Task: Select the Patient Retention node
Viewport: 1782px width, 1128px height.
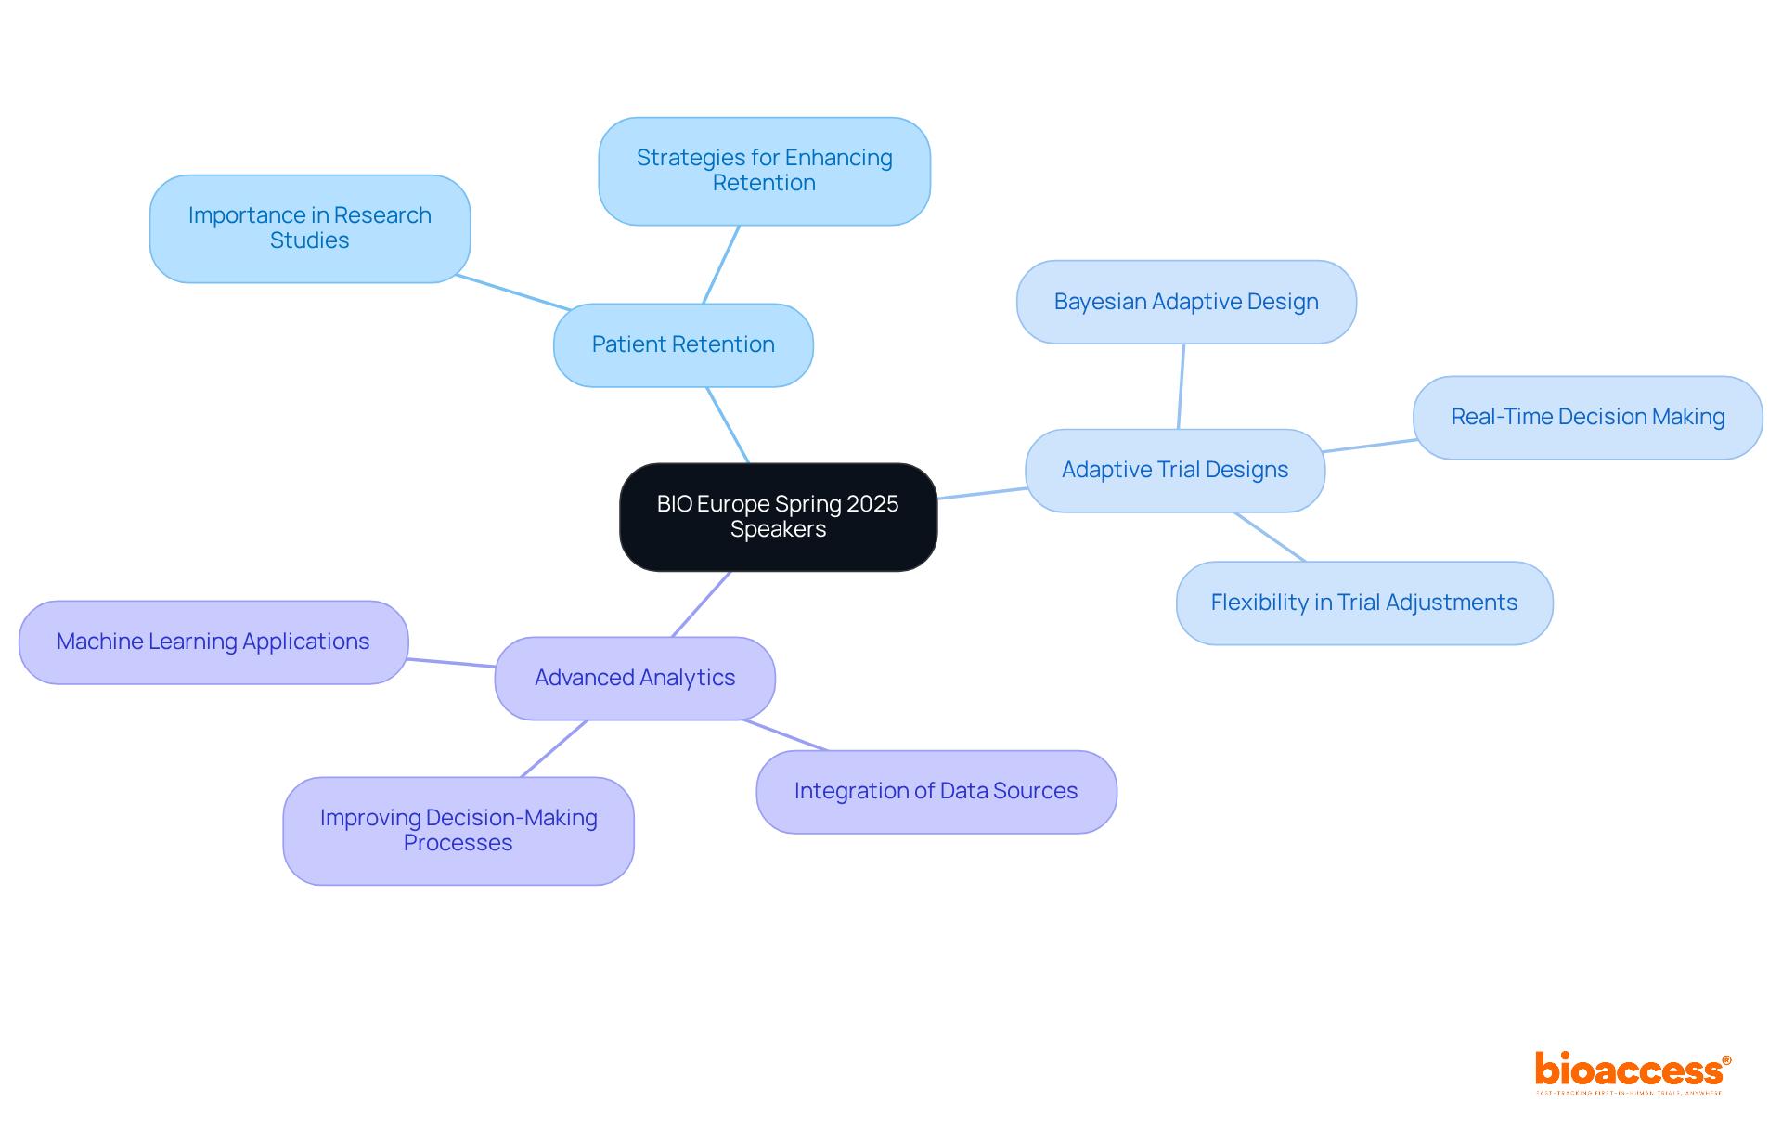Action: point(683,344)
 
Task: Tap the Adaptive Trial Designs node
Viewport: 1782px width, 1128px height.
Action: point(1174,470)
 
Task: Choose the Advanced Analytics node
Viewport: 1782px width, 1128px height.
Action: point(635,678)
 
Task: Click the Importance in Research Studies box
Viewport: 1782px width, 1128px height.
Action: point(309,228)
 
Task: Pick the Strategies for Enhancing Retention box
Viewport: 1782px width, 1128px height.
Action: point(764,171)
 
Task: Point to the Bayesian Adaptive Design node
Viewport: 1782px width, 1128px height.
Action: point(1186,302)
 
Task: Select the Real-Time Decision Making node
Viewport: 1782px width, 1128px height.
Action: point(1587,417)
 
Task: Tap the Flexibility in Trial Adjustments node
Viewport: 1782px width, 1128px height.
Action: point(1363,603)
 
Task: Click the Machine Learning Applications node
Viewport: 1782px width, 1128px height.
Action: point(213,642)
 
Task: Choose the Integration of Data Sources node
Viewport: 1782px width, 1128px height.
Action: point(936,791)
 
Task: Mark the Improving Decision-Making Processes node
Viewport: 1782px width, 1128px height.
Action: point(458,830)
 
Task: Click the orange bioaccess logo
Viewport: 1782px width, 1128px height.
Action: point(1632,1070)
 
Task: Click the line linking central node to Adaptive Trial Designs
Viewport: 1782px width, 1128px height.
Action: point(982,493)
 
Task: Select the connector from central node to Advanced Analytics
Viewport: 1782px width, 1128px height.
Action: point(701,604)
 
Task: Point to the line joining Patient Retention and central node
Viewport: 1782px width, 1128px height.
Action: point(728,424)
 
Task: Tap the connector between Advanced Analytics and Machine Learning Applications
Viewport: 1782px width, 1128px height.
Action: point(451,663)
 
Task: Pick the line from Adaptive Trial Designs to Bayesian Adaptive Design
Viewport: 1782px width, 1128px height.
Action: point(1181,386)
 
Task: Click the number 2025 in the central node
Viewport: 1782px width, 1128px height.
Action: point(872,504)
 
